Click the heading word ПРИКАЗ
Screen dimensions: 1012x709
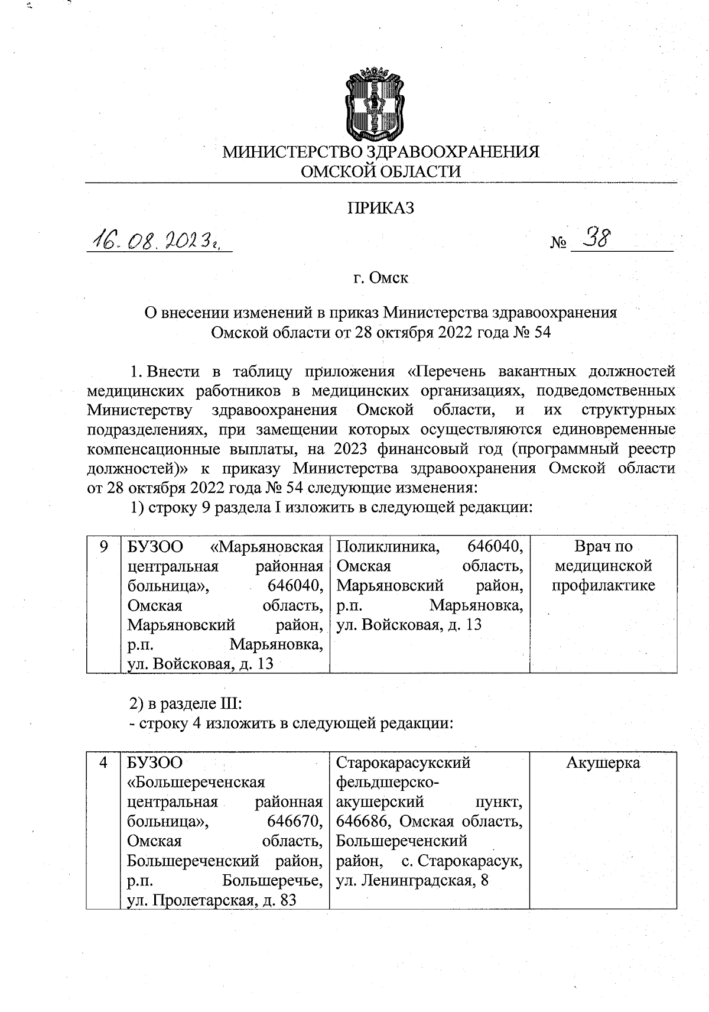[380, 208]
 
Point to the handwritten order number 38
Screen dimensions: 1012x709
[596, 239]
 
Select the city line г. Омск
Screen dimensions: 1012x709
[380, 277]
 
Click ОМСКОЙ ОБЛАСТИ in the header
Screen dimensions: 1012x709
[380, 171]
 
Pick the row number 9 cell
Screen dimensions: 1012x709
[103, 546]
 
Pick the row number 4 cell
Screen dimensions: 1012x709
[103, 763]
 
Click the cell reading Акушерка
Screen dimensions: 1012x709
[603, 763]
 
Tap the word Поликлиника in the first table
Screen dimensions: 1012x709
[388, 546]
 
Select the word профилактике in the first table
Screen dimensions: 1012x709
[603, 585]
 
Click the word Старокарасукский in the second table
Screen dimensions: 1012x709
[403, 763]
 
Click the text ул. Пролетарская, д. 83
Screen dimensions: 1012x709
[212, 900]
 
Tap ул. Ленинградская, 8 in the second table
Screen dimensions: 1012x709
[412, 881]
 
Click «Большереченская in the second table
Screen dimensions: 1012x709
[196, 782]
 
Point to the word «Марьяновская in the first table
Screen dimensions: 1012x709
[267, 546]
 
